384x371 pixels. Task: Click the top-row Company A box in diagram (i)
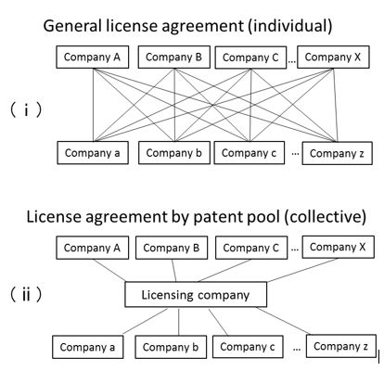pyautogui.click(x=92, y=58)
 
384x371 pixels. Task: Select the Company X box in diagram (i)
pyautogui.click(x=333, y=58)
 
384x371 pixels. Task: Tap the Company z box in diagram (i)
pyautogui.click(x=337, y=153)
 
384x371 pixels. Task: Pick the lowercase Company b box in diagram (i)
pyautogui.click(x=174, y=153)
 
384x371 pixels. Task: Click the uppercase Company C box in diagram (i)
pyautogui.click(x=250, y=58)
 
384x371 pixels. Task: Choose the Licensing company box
pyautogui.click(x=196, y=295)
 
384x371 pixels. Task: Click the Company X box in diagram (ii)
pyautogui.click(x=338, y=247)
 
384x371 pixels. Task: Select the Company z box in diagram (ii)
pyautogui.click(x=341, y=346)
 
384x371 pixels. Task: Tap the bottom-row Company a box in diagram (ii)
pyautogui.click(x=87, y=347)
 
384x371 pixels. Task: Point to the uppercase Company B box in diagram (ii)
pyautogui.click(x=172, y=248)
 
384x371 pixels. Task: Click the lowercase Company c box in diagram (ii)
pyautogui.click(x=248, y=347)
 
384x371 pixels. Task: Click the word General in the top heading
pyautogui.click(x=72, y=26)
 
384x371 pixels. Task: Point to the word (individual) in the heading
pyautogui.click(x=289, y=26)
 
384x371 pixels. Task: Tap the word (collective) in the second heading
pyautogui.click(x=325, y=217)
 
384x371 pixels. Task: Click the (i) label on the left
pyautogui.click(x=26, y=110)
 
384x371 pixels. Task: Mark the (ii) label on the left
pyautogui.click(x=26, y=294)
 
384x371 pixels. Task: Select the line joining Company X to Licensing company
pyautogui.click(x=302, y=270)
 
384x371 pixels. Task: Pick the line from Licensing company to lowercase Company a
pyautogui.click(x=146, y=321)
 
